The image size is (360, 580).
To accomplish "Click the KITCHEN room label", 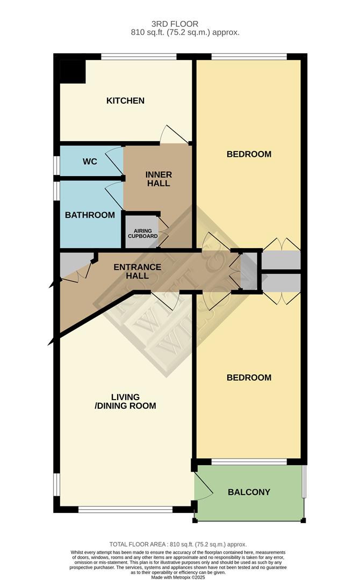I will pos(125,100).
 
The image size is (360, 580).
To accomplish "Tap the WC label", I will pos(90,161).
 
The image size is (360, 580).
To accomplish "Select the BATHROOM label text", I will pos(90,215).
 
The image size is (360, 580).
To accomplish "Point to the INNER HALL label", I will pos(159,179).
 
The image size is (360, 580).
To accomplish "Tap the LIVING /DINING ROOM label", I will pos(125,401).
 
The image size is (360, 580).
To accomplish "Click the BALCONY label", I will pos(249,492).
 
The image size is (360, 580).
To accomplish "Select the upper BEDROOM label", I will pos(249,154).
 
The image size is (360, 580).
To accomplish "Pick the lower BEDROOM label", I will pos(249,378).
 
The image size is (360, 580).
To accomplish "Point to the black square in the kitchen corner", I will pos(73,71).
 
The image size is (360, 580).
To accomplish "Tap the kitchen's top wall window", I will pos(139,56).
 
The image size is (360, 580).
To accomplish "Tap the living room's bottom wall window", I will pos(125,509).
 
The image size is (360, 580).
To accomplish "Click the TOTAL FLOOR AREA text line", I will pos(178,544).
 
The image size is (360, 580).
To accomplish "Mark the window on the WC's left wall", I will pos(56,165).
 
